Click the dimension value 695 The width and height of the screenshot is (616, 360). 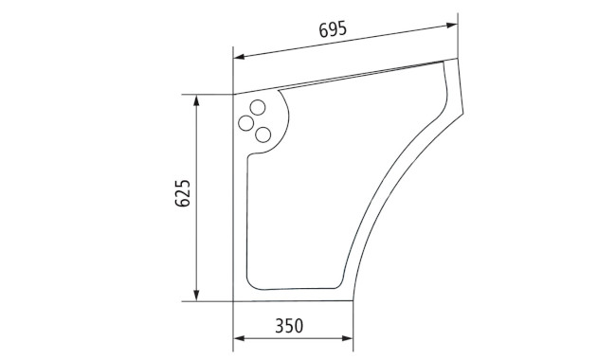(333, 29)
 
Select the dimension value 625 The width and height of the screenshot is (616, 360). (183, 193)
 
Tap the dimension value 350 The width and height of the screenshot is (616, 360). (289, 326)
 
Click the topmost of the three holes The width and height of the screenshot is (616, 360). (258, 108)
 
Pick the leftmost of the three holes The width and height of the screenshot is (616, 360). (246, 123)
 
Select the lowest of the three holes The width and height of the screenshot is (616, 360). (263, 135)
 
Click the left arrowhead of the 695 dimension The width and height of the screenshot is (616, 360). (239, 57)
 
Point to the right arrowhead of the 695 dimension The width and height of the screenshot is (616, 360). (452, 26)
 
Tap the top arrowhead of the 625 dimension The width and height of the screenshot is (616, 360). (196, 100)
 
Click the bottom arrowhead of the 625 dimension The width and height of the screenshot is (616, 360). (196, 296)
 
